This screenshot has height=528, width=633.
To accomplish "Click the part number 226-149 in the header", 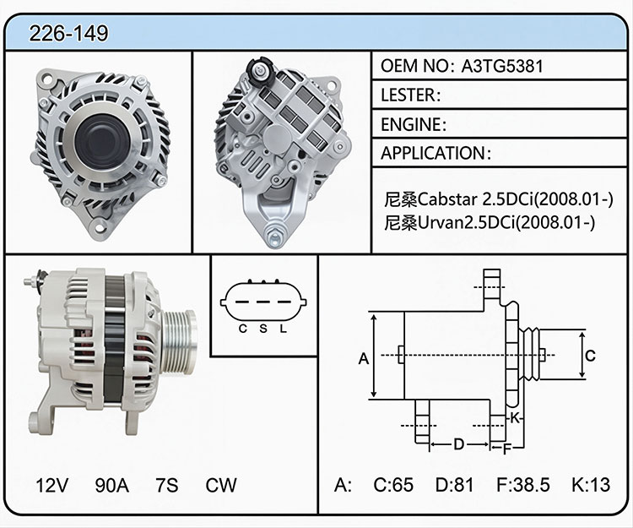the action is tap(68, 33).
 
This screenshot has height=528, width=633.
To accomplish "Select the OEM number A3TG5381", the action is tap(502, 66).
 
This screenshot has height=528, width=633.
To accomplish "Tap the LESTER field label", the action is tap(410, 95).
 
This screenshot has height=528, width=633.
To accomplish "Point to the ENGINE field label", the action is tap(414, 124).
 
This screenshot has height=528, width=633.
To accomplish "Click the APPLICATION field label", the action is tap(436, 153).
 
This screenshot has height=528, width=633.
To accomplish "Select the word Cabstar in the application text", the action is tap(448, 199).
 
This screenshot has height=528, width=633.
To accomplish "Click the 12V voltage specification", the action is tap(51, 485).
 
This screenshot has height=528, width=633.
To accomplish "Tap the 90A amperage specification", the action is tap(111, 485).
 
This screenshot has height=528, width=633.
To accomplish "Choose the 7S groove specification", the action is tap(167, 485).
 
